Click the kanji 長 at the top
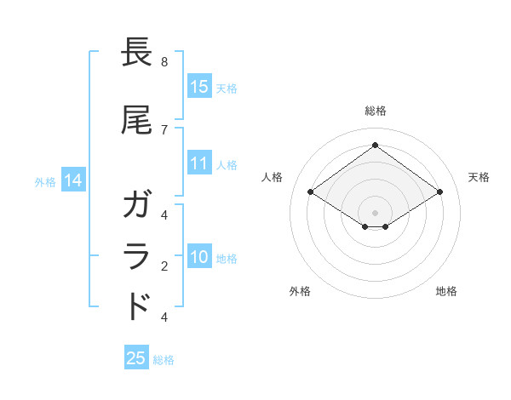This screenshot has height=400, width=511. [x=137, y=53]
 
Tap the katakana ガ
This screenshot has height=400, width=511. [x=137, y=205]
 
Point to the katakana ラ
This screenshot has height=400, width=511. [x=137, y=255]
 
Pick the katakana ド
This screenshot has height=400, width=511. [x=137, y=306]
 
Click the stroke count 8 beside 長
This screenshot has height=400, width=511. [x=164, y=62]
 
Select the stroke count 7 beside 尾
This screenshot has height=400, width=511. [x=164, y=129]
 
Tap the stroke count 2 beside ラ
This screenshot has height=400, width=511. [x=164, y=266]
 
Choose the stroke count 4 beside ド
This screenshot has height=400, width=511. [x=164, y=317]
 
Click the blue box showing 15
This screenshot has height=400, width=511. [x=198, y=86]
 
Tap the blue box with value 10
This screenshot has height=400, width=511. [x=198, y=256]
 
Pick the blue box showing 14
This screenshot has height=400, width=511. [x=73, y=180]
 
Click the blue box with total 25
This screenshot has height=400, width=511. [x=136, y=358]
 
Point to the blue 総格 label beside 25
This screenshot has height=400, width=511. [x=164, y=360]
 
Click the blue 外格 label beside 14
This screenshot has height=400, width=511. [x=45, y=182]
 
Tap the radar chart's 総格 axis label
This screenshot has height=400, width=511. [x=375, y=111]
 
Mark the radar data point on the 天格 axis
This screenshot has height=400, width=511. [x=439, y=192]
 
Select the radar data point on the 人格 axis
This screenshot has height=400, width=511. [x=311, y=192]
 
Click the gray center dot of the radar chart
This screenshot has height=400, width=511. [x=375, y=212]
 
